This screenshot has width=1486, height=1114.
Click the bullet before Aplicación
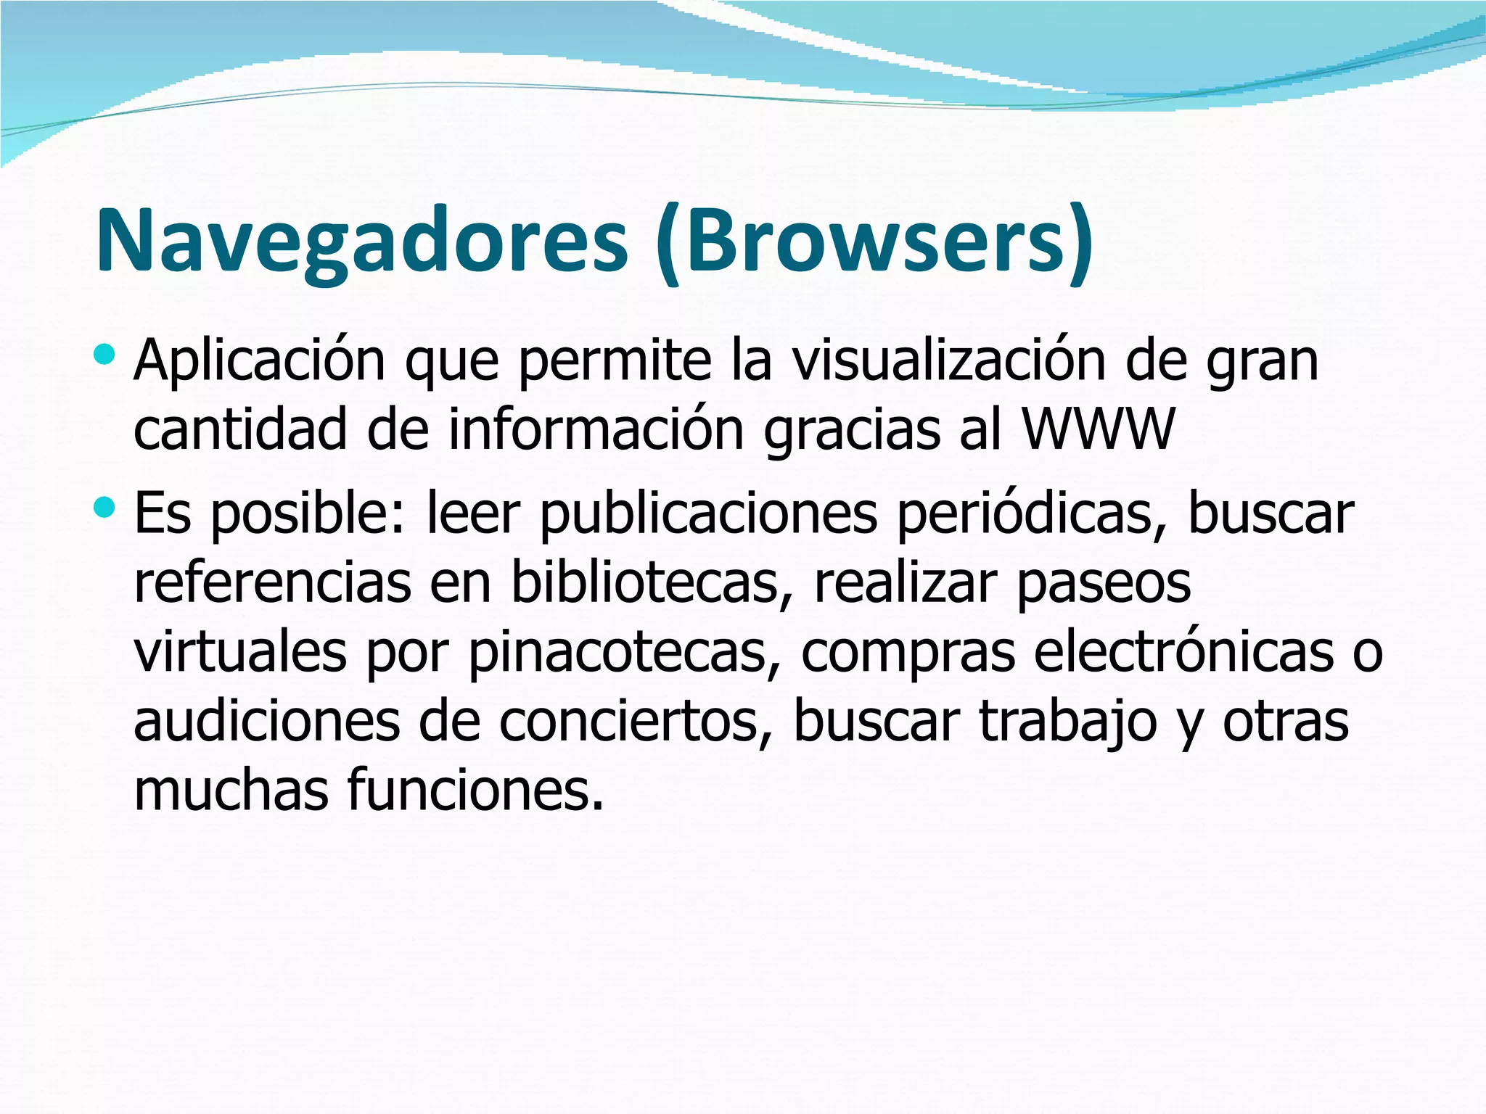tap(104, 355)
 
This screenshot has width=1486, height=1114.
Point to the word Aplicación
tap(259, 360)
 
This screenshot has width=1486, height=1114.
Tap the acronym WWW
tap(1098, 429)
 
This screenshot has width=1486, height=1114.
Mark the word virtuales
tap(240, 651)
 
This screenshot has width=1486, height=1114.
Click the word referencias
tap(272, 582)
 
